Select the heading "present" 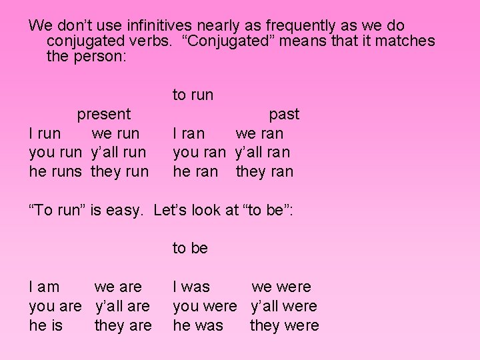(104, 114)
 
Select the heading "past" (284, 114)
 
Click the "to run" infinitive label (193, 95)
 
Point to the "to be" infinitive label (191, 248)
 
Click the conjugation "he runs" (55, 171)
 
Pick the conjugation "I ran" (189, 133)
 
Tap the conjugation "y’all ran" (263, 152)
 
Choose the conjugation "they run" (119, 171)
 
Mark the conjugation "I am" (44, 287)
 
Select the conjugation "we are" (118, 287)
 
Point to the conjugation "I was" (191, 287)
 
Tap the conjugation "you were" (205, 306)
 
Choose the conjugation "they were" (284, 325)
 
